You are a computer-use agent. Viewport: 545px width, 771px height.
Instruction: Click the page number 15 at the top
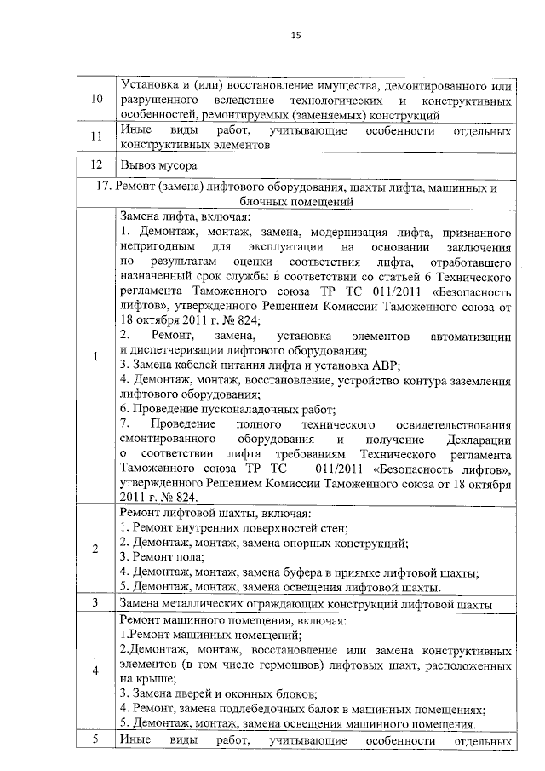click(295, 35)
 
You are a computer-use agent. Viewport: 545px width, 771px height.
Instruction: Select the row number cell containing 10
click(96, 101)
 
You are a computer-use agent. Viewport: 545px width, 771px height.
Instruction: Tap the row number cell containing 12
click(96, 164)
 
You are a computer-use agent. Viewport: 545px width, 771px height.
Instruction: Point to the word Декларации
click(478, 440)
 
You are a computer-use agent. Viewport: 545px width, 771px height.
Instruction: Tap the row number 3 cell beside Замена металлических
click(96, 604)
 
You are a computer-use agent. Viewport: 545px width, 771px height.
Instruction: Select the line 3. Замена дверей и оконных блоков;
click(219, 693)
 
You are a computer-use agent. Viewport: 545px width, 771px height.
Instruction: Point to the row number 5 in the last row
click(96, 739)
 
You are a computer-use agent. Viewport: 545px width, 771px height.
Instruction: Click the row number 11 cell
click(96, 137)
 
